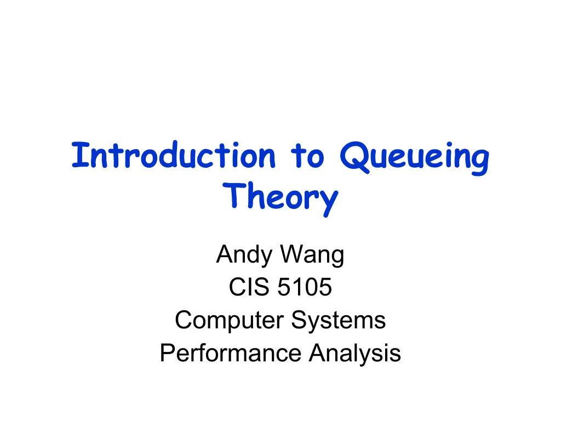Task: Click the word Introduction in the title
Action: click(x=174, y=155)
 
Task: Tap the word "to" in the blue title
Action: click(x=307, y=156)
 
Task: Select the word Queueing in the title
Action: click(x=414, y=158)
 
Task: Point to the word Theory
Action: click(x=280, y=198)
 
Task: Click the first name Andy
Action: click(x=244, y=255)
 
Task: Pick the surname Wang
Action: click(x=312, y=255)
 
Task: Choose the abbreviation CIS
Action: click(x=249, y=287)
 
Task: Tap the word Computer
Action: click(x=230, y=320)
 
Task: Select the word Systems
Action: click(x=339, y=320)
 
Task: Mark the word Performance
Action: click(x=231, y=353)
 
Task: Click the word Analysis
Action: click(x=355, y=353)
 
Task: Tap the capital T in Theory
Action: click(x=233, y=195)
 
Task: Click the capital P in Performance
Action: click(x=168, y=352)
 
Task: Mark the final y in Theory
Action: click(x=329, y=203)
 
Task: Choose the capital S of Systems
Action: click(x=299, y=320)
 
